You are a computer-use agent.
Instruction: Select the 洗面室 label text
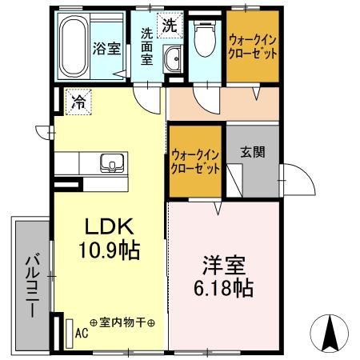[x=148, y=48]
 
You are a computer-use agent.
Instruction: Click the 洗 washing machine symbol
[x=170, y=25]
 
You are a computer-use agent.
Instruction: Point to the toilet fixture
[x=204, y=38]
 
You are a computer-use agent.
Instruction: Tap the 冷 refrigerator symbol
[x=78, y=102]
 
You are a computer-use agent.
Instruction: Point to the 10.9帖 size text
[x=109, y=250]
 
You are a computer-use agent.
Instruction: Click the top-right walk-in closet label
[x=253, y=46]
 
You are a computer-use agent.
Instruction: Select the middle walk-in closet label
[x=195, y=162]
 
